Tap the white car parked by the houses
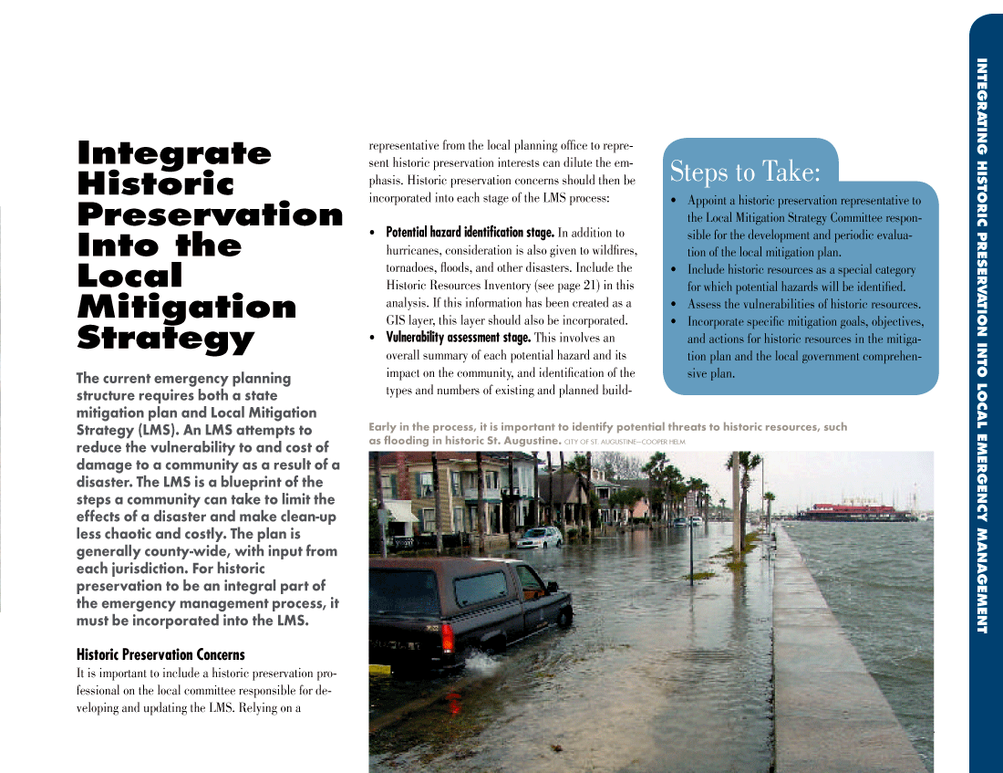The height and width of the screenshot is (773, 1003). [x=540, y=538]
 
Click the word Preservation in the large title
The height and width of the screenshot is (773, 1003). [x=210, y=215]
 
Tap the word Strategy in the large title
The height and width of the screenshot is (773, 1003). [x=165, y=339]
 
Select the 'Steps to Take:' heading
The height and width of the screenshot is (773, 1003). [x=745, y=172]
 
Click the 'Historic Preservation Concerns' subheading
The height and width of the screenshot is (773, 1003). [x=160, y=654]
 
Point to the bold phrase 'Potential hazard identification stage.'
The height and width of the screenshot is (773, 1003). [x=470, y=233]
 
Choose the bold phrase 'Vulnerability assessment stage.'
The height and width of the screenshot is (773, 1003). [x=458, y=338]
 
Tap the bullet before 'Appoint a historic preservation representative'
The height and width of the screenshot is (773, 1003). [x=673, y=201]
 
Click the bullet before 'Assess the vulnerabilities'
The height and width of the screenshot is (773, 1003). [x=673, y=305]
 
